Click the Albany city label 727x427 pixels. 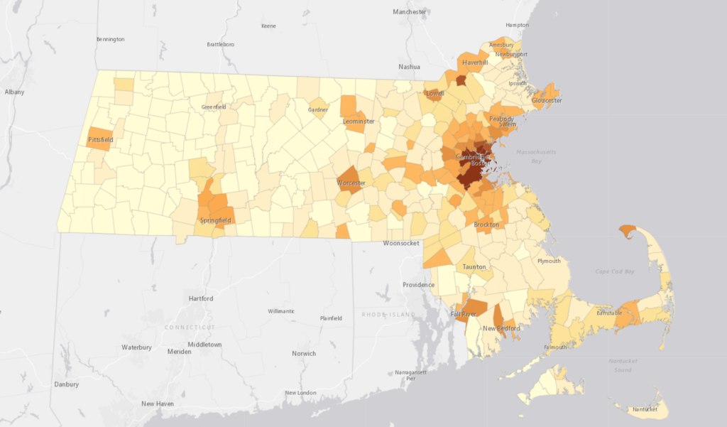click(14, 92)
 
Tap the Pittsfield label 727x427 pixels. click(101, 140)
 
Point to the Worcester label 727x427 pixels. click(351, 183)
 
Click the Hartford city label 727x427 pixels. click(201, 298)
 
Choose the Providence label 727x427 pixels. click(418, 285)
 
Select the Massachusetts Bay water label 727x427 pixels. click(537, 156)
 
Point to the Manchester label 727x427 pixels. click(410, 12)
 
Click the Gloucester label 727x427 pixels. click(547, 101)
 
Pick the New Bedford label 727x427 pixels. click(501, 328)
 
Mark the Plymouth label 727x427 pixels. click(549, 261)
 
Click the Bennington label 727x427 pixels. click(110, 39)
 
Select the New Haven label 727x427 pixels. click(158, 404)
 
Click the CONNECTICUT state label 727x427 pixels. click(190, 327)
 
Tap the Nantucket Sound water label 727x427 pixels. click(624, 365)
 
